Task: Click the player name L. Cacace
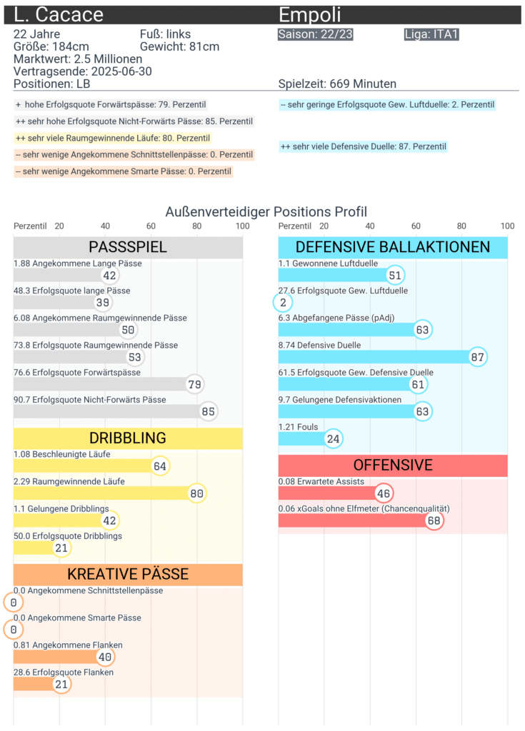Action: [x=59, y=15]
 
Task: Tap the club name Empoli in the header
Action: [x=309, y=15]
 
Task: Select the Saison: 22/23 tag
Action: [x=315, y=34]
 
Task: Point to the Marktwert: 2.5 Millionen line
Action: [x=78, y=59]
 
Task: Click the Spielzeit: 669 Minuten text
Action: [x=337, y=84]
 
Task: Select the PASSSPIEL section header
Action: [x=128, y=247]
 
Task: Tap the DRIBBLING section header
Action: [x=128, y=438]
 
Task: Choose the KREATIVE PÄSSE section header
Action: [x=128, y=574]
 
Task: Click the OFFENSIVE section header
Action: [x=393, y=465]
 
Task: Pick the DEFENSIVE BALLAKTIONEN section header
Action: [x=393, y=247]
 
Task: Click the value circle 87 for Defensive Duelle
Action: [x=478, y=358]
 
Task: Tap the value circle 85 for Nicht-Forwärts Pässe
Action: [x=208, y=412]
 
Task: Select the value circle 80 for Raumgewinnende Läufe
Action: [x=196, y=493]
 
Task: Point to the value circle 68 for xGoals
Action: [x=434, y=520]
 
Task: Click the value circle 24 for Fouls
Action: [x=333, y=439]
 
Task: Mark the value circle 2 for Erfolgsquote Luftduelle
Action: [x=283, y=303]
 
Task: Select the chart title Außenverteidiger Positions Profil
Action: [x=266, y=211]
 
